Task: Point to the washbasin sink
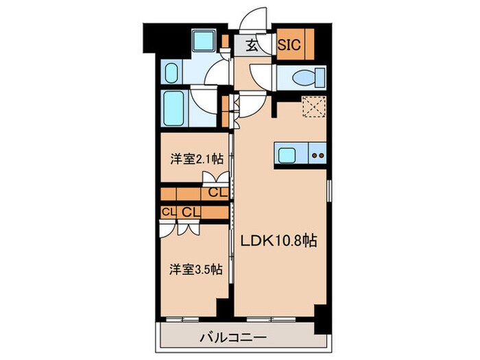click(x=171, y=73)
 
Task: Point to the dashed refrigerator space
click(x=313, y=108)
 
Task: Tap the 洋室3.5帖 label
click(x=196, y=269)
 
